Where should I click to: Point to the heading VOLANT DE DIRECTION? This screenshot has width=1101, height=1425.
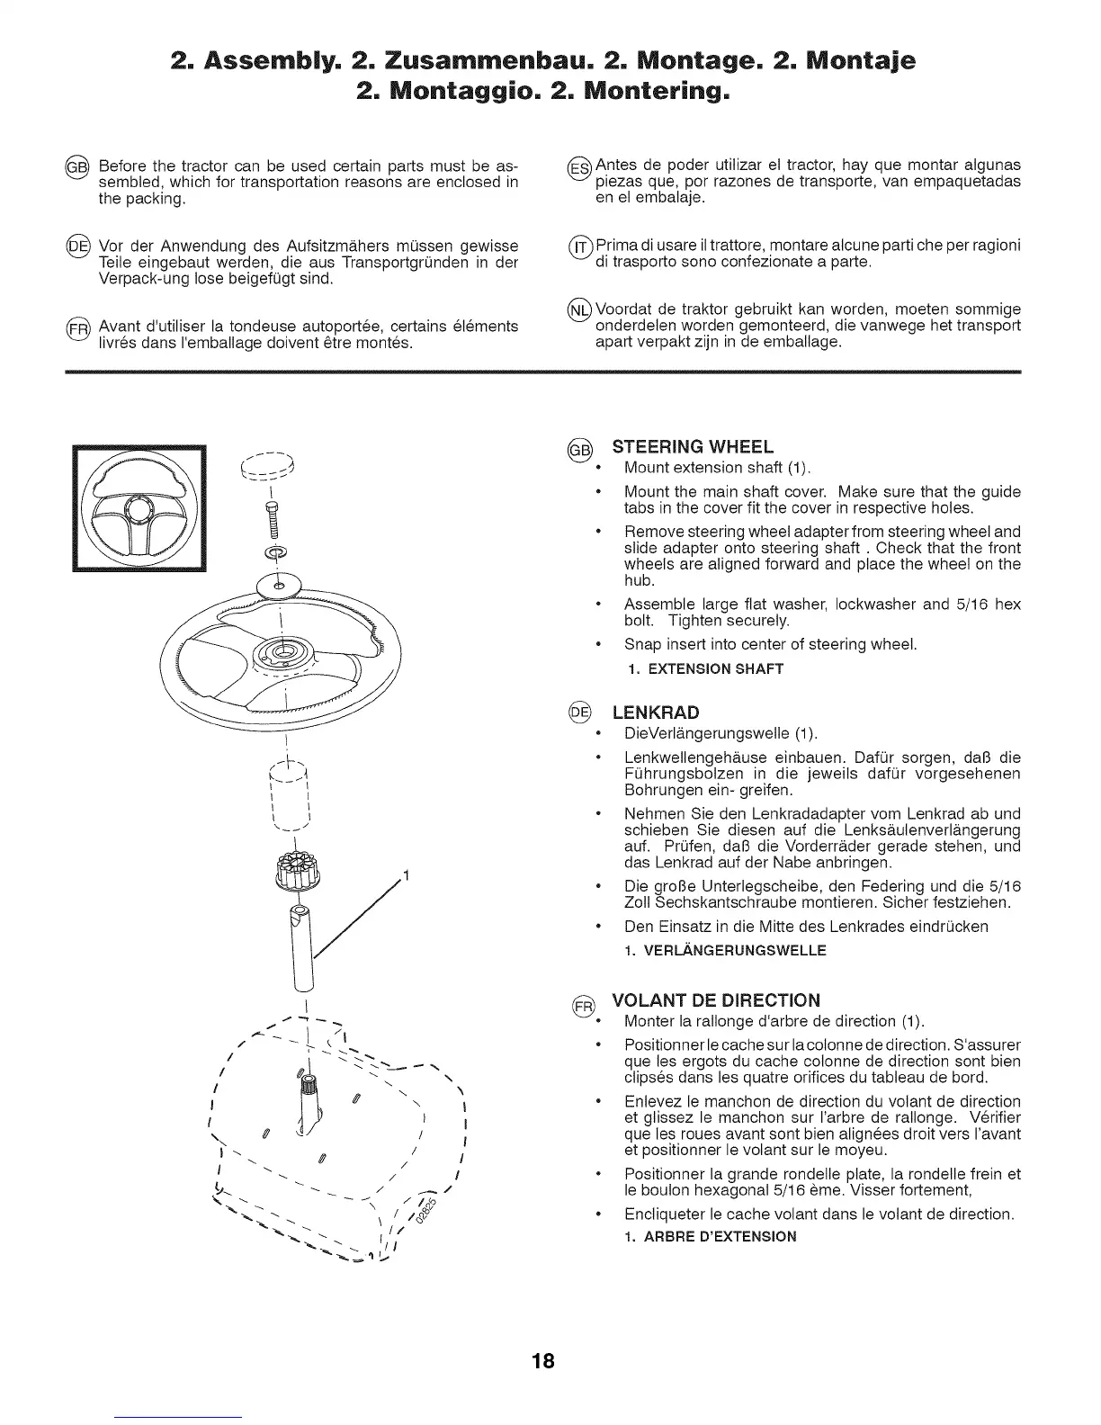(716, 1000)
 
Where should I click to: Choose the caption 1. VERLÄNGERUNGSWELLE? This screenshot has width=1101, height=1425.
(725, 950)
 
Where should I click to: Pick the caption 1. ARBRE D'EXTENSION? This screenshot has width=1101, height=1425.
(711, 1236)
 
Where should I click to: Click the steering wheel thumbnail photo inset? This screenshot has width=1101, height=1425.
(139, 508)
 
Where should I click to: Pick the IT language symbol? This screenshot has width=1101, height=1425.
(579, 247)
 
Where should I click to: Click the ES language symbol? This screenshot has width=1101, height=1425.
(579, 167)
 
